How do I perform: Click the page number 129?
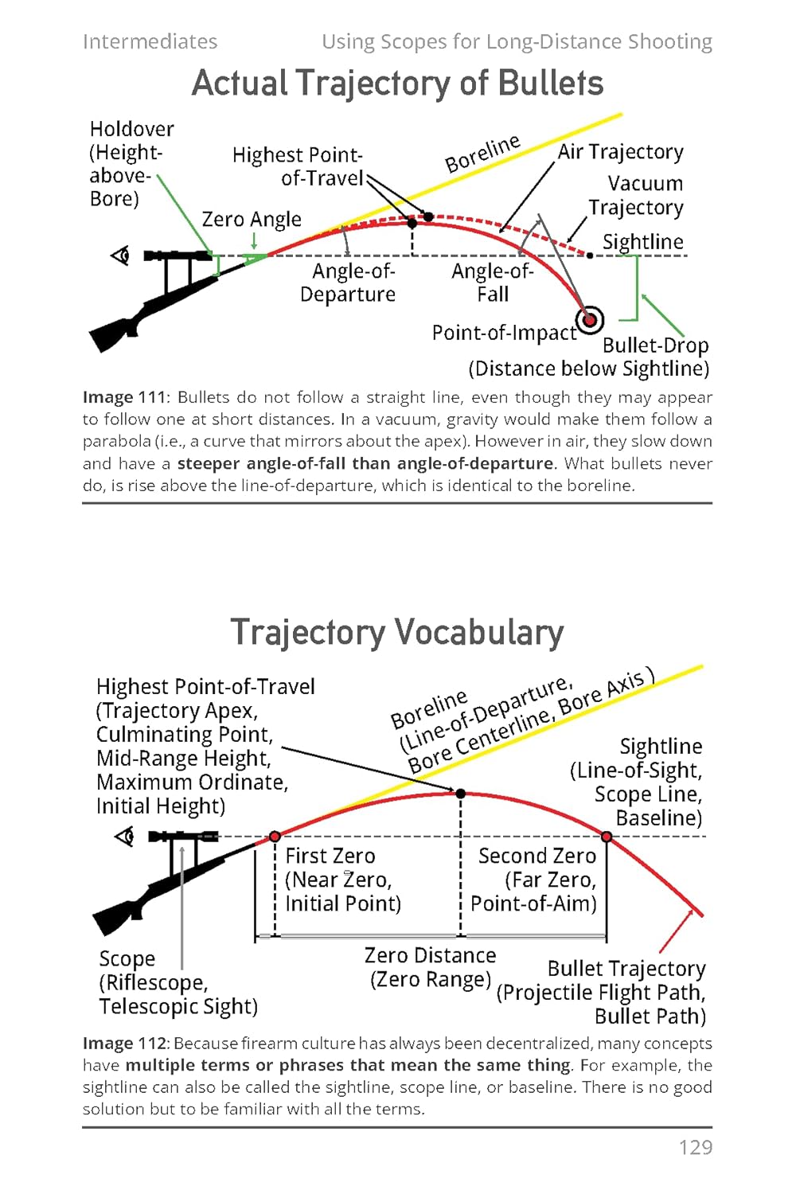(695, 1147)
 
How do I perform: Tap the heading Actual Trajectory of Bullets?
(397, 84)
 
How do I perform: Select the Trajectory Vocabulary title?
(397, 633)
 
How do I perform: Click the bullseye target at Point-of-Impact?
(590, 320)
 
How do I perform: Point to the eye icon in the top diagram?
(120, 256)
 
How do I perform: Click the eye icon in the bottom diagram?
(124, 837)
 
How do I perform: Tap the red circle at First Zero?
(275, 837)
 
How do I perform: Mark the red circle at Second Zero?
(607, 837)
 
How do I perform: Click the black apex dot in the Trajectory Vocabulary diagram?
(460, 794)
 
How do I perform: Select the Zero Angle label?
(252, 219)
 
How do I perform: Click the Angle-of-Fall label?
(492, 283)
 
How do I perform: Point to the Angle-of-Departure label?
(348, 283)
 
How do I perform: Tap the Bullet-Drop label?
(655, 345)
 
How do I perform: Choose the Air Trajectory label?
(620, 152)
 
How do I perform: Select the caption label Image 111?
(123, 397)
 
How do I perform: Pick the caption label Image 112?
(123, 1044)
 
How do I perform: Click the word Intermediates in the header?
(150, 41)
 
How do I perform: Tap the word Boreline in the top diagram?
(482, 154)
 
